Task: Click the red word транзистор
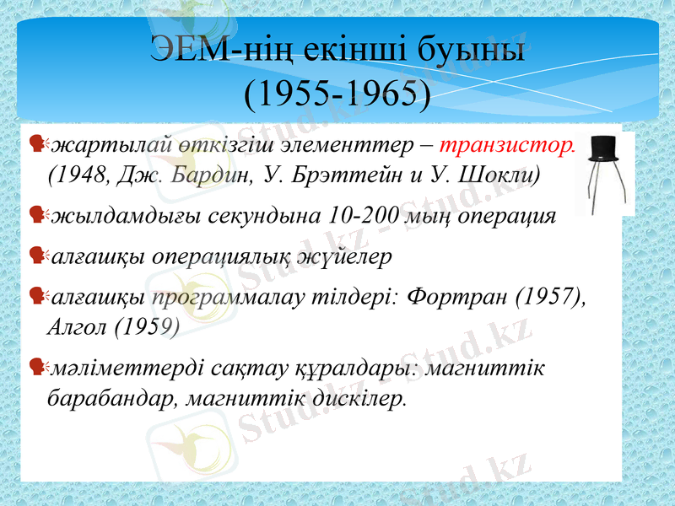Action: [x=508, y=145]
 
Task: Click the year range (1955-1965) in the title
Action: [x=337, y=94]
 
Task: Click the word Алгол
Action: [x=78, y=327]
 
